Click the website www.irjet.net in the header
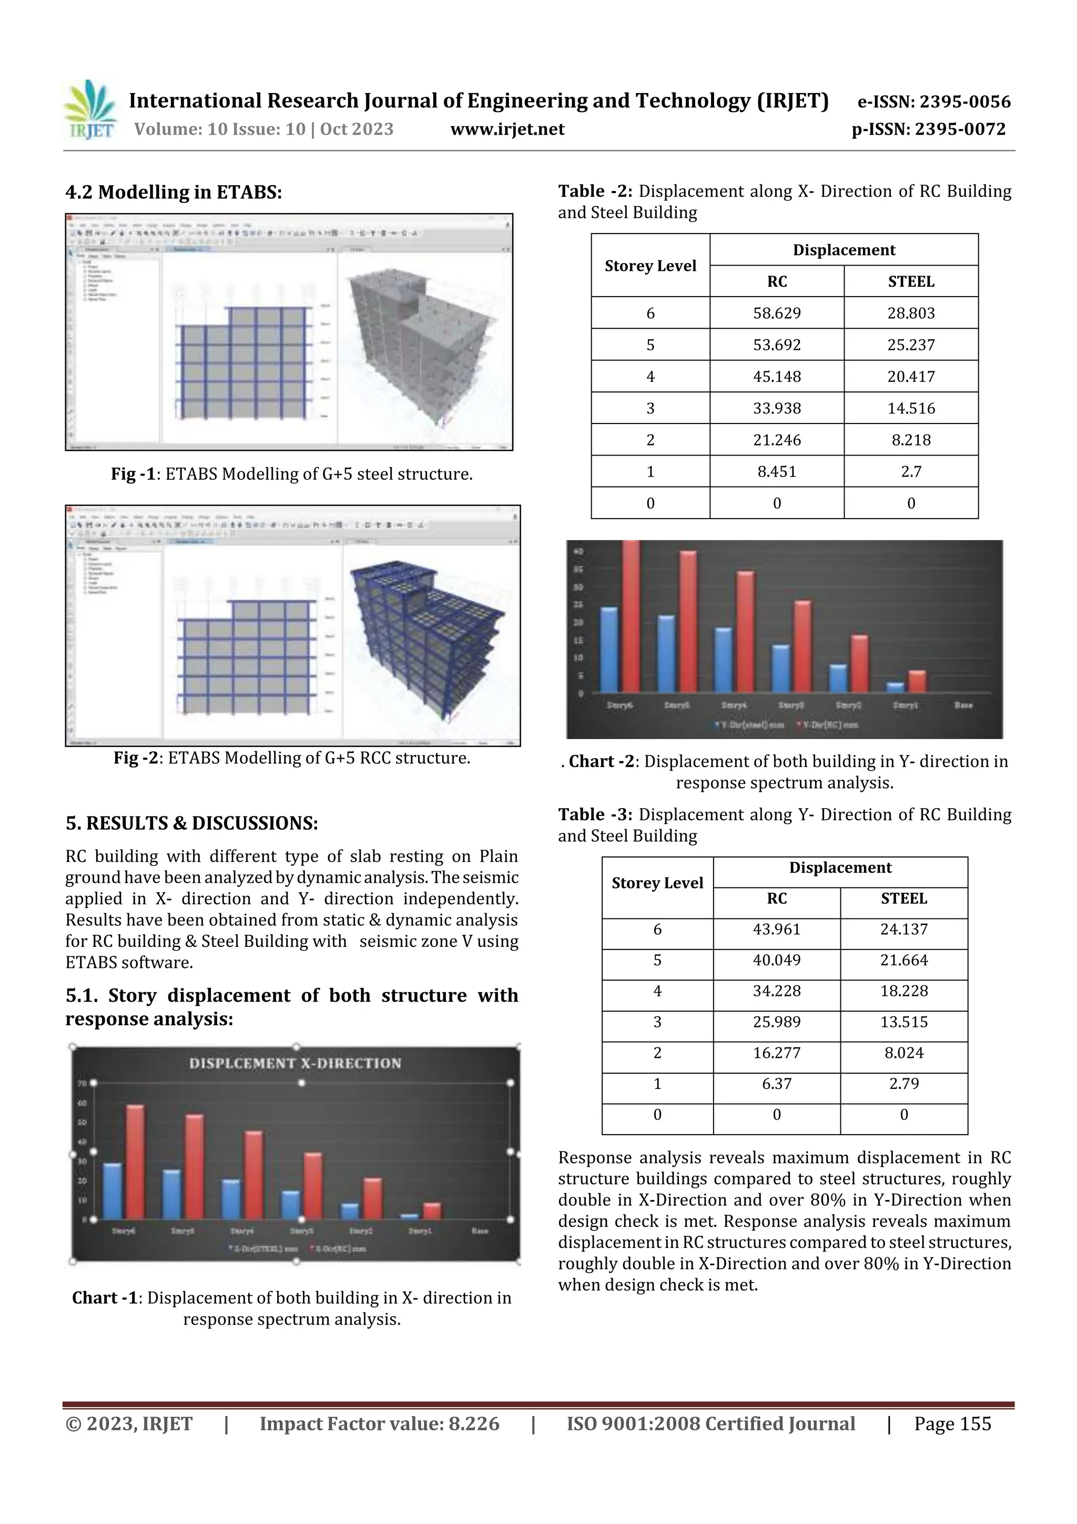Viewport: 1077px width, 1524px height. (507, 129)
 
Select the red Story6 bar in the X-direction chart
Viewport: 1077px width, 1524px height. (135, 1162)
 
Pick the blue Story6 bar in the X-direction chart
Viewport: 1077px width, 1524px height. (112, 1191)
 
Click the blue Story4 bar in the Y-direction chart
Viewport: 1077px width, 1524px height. (723, 660)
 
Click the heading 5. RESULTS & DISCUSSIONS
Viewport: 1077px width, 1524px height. (192, 824)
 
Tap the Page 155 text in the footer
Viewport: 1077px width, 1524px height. (952, 1424)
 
